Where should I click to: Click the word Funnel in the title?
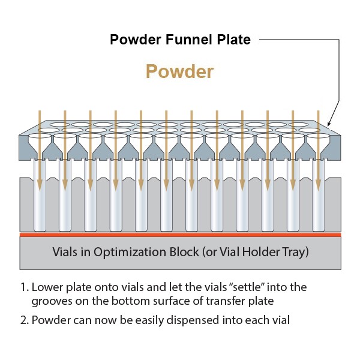pyautogui.click(x=189, y=40)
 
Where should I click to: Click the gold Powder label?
pyautogui.click(x=180, y=71)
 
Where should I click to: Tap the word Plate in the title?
pyautogui.click(x=234, y=40)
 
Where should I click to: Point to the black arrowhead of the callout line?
pyautogui.click(x=329, y=123)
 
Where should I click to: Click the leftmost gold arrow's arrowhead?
pyautogui.click(x=40, y=185)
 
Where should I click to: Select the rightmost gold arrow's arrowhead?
pyautogui.click(x=318, y=185)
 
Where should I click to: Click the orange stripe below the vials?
pyautogui.click(x=180, y=235)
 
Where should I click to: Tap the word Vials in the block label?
pyautogui.click(x=65, y=252)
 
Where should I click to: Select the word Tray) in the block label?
pyautogui.click(x=295, y=253)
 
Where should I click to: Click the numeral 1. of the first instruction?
pyautogui.click(x=25, y=287)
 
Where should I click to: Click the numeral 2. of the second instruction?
pyautogui.click(x=25, y=320)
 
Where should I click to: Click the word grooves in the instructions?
pyautogui.click(x=52, y=302)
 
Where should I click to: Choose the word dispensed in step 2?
pyautogui.click(x=193, y=320)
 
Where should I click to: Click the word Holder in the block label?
pyautogui.click(x=261, y=252)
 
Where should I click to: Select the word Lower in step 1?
pyautogui.click(x=47, y=287)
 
